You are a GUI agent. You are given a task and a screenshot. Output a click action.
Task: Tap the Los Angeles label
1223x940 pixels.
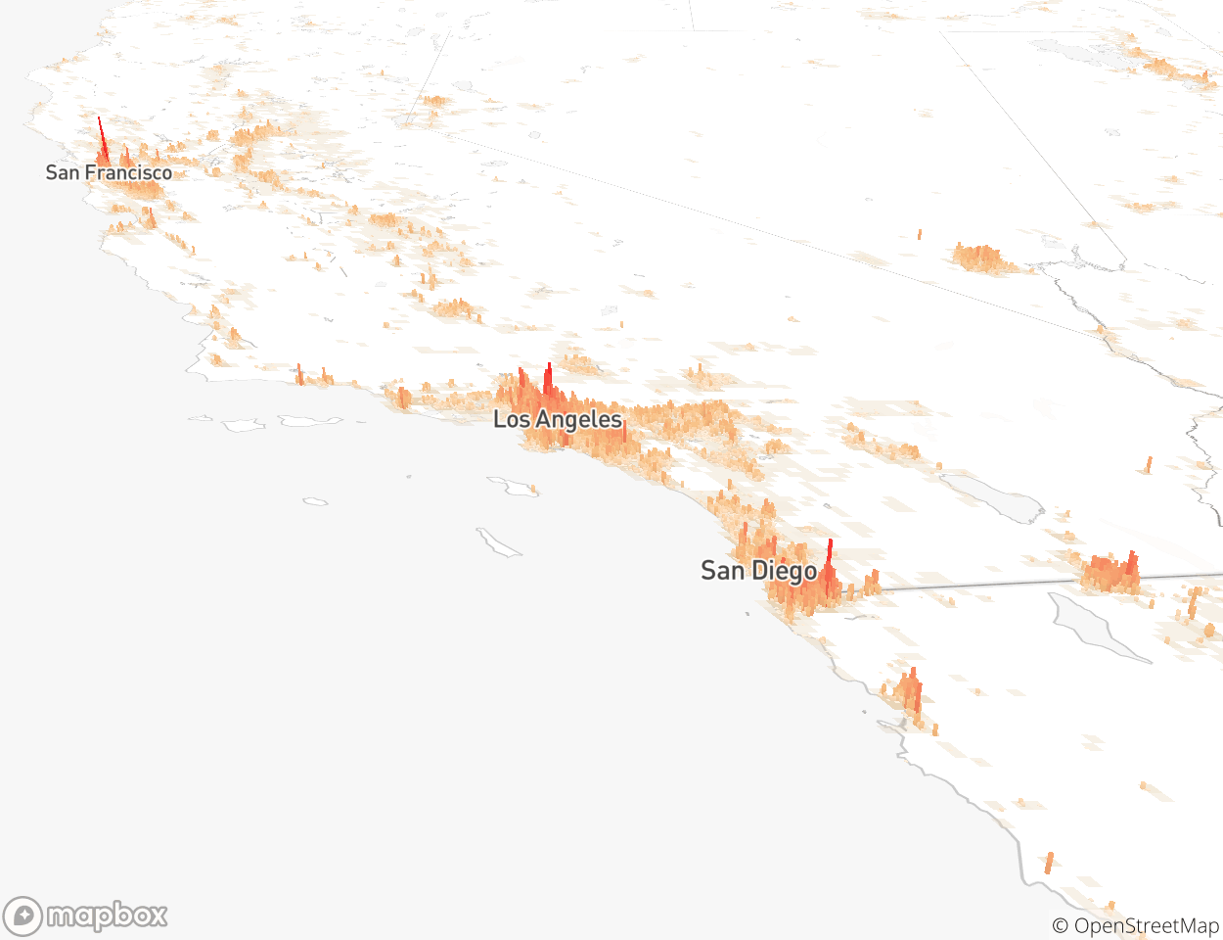[x=557, y=420]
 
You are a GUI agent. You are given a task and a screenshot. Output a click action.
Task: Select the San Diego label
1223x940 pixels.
[x=758, y=571]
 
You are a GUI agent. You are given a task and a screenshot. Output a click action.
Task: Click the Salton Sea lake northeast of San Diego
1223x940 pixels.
[x=990, y=496]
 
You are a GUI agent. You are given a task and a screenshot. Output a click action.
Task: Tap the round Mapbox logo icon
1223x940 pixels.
[x=23, y=916]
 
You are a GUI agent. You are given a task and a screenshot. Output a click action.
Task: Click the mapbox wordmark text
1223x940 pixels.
[x=108, y=916]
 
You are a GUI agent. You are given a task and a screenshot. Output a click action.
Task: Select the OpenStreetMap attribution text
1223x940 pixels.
[x=1146, y=926]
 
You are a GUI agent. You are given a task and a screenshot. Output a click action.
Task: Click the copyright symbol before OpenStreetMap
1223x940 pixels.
[x=1060, y=926]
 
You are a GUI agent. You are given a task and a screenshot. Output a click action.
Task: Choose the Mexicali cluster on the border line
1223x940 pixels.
[x=1110, y=574]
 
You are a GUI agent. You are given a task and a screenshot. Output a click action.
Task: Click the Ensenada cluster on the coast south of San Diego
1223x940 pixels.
[x=909, y=693]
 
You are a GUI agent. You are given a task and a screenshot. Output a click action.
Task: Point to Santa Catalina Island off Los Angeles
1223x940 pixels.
[x=513, y=486]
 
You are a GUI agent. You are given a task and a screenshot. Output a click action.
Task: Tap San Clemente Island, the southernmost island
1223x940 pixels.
[x=498, y=541]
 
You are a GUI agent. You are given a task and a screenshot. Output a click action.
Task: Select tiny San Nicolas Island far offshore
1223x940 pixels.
[x=315, y=501]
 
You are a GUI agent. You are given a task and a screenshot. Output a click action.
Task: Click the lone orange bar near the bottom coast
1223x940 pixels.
[x=1049, y=863]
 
